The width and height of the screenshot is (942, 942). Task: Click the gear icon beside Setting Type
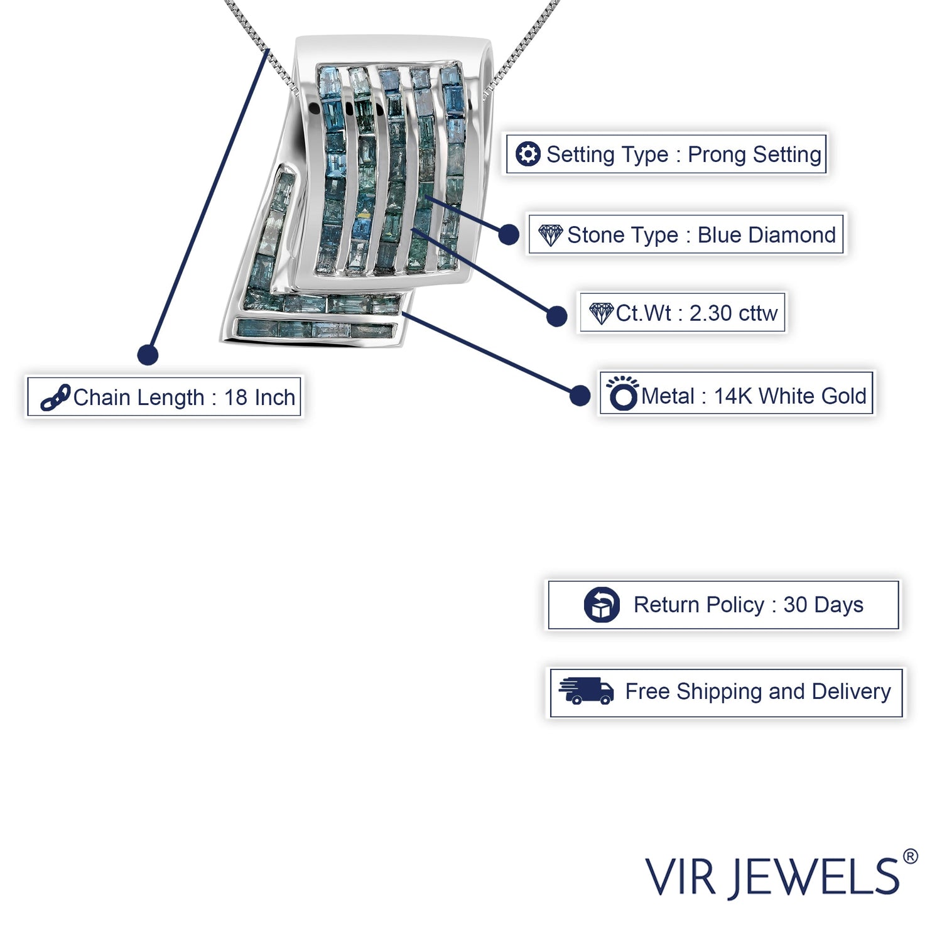click(528, 154)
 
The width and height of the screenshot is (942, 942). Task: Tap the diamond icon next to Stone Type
click(551, 235)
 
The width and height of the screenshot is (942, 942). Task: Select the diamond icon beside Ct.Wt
click(601, 313)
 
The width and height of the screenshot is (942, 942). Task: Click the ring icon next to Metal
click(623, 394)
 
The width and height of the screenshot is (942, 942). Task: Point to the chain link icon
click(55, 398)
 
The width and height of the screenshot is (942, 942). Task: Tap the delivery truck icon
click(586, 691)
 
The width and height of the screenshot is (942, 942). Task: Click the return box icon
click(602, 605)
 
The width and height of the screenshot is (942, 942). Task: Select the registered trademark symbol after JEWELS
click(910, 857)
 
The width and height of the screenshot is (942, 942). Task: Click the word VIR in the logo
click(680, 877)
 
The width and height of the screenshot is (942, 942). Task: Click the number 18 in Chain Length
click(235, 398)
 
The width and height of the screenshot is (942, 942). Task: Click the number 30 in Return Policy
click(795, 605)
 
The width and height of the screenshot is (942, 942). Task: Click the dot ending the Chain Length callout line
click(148, 355)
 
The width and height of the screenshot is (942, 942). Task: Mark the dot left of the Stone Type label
click(509, 235)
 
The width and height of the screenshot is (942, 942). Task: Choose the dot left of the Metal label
click(580, 395)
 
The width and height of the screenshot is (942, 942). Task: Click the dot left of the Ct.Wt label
click(556, 316)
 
